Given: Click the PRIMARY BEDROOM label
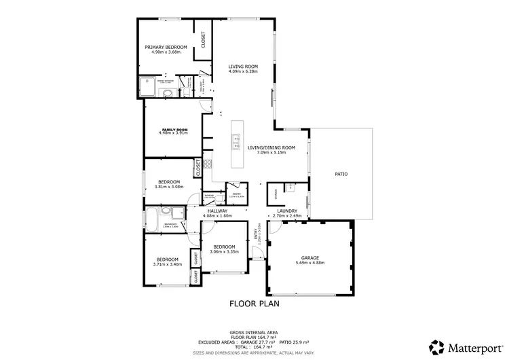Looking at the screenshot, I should click(x=166, y=47).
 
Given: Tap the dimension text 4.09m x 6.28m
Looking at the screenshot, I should click(x=243, y=71).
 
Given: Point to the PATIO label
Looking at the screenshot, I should click(x=341, y=175).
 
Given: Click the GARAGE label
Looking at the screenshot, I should click(x=310, y=257).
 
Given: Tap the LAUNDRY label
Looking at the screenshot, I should click(x=286, y=211).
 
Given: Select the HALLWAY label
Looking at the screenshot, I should click(x=218, y=211).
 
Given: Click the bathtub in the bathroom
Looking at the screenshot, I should click(x=151, y=220).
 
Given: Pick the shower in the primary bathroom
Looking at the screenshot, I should click(x=147, y=86).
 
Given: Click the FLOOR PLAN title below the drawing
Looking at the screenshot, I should click(x=254, y=304).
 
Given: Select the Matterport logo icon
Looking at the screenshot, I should click(x=438, y=347).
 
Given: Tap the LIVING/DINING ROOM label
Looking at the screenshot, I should click(x=271, y=147).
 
